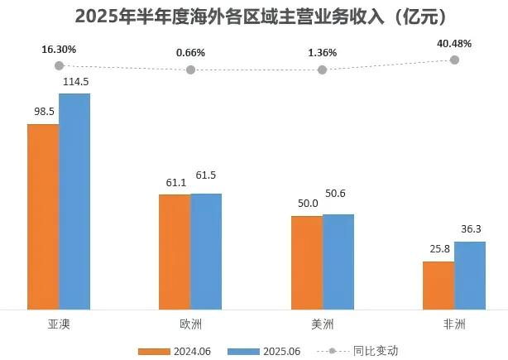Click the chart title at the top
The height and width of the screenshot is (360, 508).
(254, 16)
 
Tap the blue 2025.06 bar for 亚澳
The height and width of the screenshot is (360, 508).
(74, 202)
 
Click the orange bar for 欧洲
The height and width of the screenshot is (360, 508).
(175, 252)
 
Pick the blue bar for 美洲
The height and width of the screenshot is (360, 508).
(338, 262)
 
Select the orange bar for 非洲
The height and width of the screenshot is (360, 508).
(439, 286)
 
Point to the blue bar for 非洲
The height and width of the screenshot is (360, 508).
(470, 276)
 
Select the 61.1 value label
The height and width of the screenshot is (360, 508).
(174, 182)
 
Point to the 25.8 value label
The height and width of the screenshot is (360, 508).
(438, 249)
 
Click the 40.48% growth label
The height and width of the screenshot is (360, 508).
(454, 45)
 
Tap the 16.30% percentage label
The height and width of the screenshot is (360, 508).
(59, 50)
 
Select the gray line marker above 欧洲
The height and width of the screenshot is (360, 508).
(190, 70)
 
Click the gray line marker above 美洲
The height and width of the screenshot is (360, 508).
(323, 70)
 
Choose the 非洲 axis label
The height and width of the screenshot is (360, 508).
(454, 323)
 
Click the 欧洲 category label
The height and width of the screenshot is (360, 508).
(190, 323)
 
